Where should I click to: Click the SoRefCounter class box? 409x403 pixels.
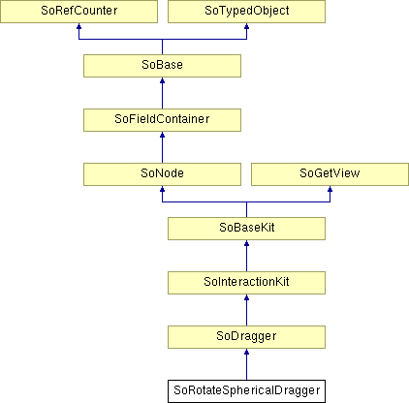[x=79, y=12]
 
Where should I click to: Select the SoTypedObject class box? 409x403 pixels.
[x=246, y=12]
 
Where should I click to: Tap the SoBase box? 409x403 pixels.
[x=162, y=66]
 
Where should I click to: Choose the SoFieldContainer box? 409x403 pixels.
[x=162, y=120]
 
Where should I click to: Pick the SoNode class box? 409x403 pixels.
[x=162, y=174]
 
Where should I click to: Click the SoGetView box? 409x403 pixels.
[x=330, y=174]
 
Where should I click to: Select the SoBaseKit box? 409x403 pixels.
[x=246, y=229]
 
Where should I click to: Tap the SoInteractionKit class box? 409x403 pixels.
[x=246, y=283]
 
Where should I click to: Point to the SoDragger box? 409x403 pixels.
[x=246, y=337]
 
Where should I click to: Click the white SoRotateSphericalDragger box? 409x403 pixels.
[x=246, y=391]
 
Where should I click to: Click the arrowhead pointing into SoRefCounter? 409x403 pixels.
[x=79, y=26]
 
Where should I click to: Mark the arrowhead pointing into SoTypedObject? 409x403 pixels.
[x=246, y=26]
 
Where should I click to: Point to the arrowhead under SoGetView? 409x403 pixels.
[x=330, y=189]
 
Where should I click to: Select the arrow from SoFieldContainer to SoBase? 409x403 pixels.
[x=162, y=93]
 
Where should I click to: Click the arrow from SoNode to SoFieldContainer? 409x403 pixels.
[x=162, y=147]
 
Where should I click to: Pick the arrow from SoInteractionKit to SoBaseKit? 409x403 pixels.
[x=246, y=256]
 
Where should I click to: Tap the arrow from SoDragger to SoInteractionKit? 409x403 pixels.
[x=246, y=310]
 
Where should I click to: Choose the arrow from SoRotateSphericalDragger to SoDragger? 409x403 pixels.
[x=246, y=364]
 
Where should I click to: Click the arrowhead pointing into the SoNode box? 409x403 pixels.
[x=162, y=189]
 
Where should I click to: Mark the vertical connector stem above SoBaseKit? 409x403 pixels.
[x=246, y=209]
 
